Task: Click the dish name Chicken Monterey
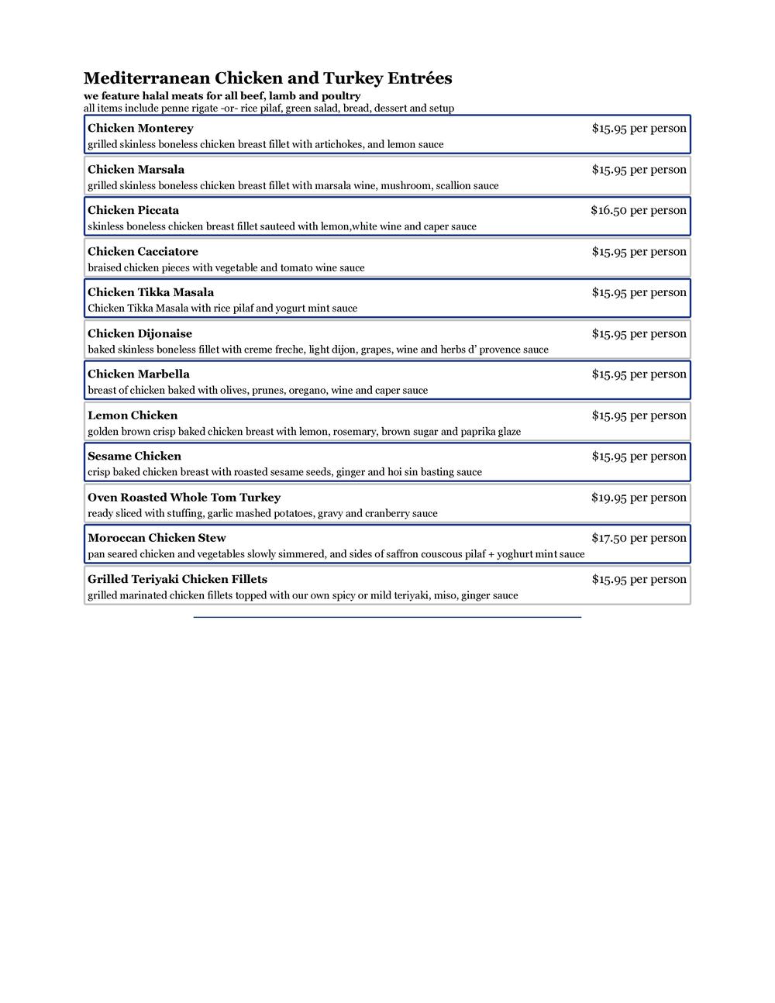140,129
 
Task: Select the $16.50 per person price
638,211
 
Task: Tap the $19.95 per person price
638,498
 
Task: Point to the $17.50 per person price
638,538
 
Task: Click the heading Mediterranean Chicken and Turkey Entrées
267,78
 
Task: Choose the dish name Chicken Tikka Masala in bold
150,293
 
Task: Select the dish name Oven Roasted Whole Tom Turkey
184,498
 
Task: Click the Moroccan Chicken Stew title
157,538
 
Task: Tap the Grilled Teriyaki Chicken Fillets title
177,580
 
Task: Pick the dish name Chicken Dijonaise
139,334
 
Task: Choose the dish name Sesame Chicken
134,457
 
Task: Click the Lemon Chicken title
133,415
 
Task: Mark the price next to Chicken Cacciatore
639,252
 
